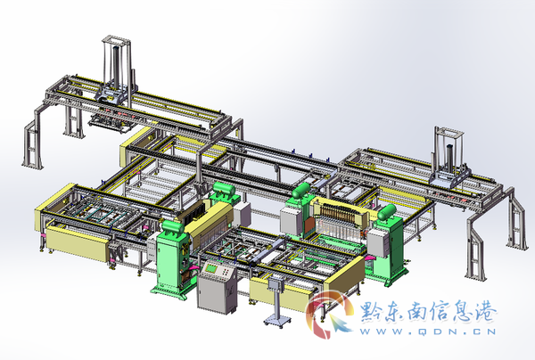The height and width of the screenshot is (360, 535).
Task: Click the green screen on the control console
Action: coord(212,268)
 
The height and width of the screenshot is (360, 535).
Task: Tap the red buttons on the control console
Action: coord(226,272)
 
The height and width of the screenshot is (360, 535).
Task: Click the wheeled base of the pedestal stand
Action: coord(277,321)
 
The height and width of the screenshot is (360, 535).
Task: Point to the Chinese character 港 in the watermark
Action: coord(485,311)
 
